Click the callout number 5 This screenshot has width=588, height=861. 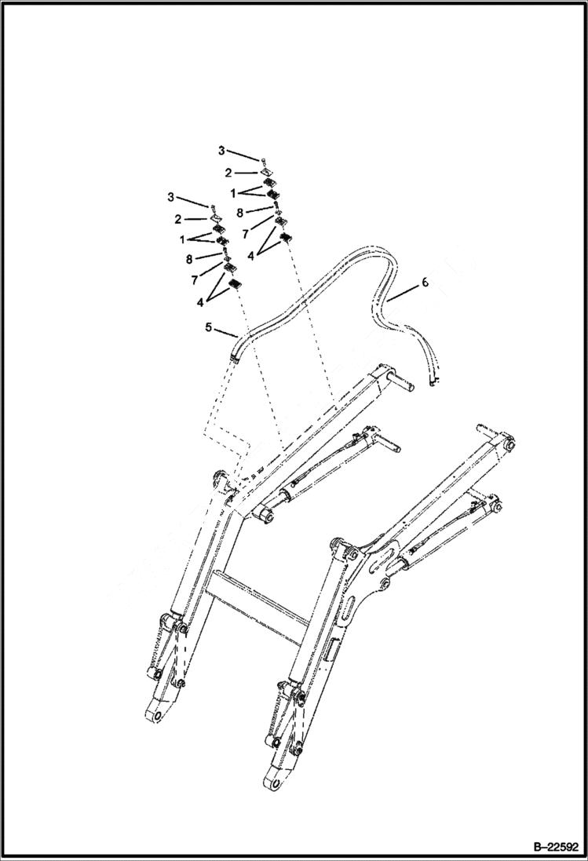tap(209, 327)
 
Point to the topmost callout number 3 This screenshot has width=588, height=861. tap(221, 150)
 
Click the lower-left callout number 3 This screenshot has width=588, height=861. tap(172, 196)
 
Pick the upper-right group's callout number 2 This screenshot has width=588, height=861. tap(228, 172)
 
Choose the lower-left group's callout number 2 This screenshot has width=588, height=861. tap(178, 219)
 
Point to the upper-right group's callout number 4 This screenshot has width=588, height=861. tap(251, 255)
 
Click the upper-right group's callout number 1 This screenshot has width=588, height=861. tap(232, 192)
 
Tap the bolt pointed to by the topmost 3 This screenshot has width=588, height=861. tap(266, 160)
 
